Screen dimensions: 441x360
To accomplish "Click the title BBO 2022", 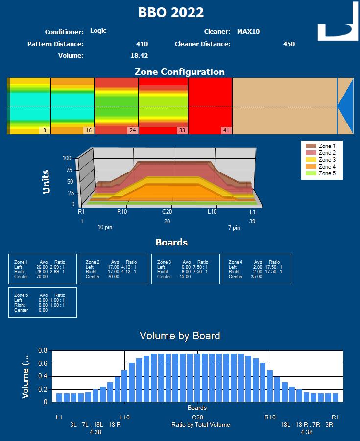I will pos(170,13).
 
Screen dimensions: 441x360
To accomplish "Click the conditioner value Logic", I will pos(98,31).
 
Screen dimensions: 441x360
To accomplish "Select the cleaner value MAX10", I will pos(248,32).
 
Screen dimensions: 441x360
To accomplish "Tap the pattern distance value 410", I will pos(142,44).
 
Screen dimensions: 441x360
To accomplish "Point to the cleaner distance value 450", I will pos(288,44).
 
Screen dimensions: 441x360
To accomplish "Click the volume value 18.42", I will pos(139,56).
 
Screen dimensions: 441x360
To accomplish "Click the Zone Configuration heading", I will pos(179,72).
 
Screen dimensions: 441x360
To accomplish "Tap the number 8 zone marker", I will pos(44,130).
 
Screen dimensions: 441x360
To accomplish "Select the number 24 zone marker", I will pos(132,130).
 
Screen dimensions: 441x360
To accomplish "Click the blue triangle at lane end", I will pos(345,106).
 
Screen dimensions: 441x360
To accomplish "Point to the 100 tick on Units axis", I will pos(67,158).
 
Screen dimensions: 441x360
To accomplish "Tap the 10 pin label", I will pos(105,228).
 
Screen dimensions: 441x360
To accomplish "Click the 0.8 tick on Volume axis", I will pos(42,351).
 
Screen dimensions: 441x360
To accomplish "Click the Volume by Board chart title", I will pos(180,336).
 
